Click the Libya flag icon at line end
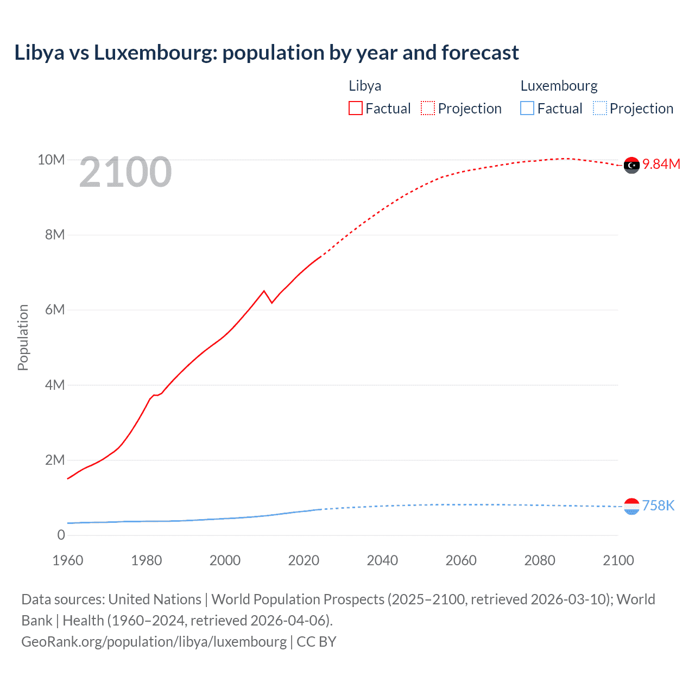(x=631, y=165)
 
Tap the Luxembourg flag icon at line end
(x=631, y=507)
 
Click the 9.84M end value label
(x=661, y=165)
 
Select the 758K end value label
(x=658, y=506)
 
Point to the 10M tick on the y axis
(x=51, y=160)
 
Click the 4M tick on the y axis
(x=55, y=386)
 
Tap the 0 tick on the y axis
(x=61, y=535)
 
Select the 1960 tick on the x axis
(x=68, y=560)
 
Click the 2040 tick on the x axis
(x=382, y=560)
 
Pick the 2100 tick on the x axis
(x=618, y=560)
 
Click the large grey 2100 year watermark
(x=125, y=173)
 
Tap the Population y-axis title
(x=23, y=337)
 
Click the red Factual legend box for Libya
(x=355, y=109)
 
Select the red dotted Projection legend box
(x=428, y=109)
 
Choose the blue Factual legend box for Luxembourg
(x=527, y=109)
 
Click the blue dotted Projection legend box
(x=600, y=109)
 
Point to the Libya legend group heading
(x=365, y=86)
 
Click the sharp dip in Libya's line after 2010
(x=271, y=302)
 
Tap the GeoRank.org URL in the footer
(x=154, y=642)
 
